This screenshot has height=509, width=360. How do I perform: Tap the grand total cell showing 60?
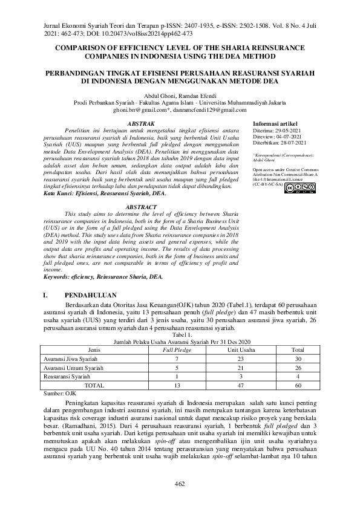pyautogui.click(x=298, y=384)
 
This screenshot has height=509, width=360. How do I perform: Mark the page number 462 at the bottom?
pyautogui.click(x=180, y=483)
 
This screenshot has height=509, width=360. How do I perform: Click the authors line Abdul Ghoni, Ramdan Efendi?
pyautogui.click(x=179, y=95)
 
